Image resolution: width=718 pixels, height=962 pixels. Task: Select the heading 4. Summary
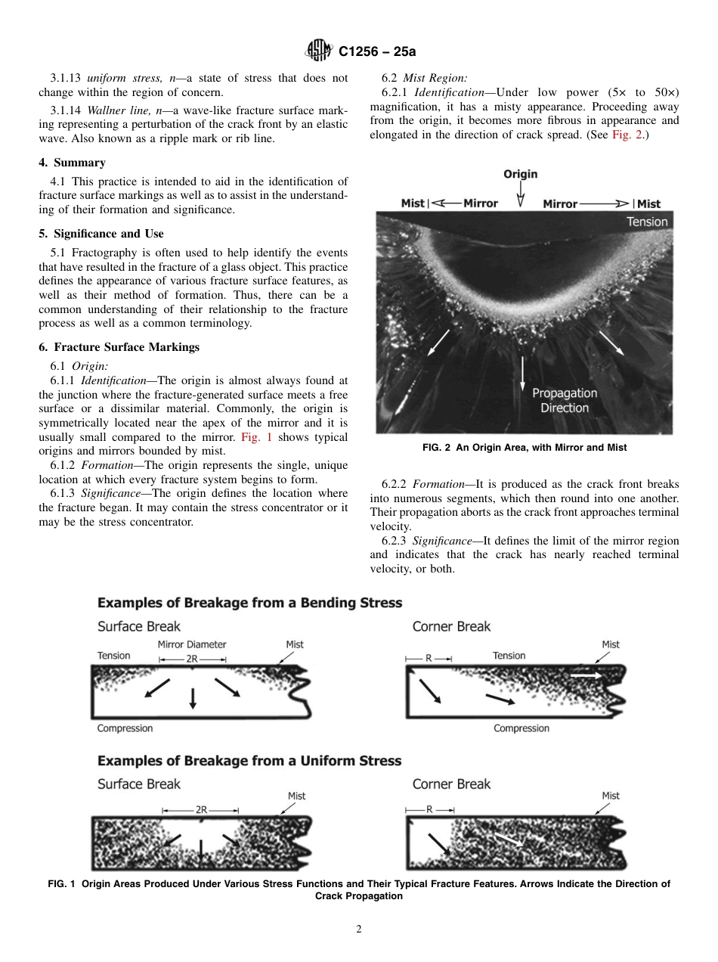pyautogui.click(x=72, y=163)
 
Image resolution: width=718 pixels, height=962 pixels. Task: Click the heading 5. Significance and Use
pyautogui.click(x=101, y=234)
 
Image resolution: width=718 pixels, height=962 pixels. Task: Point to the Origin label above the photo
pyautogui.click(x=520, y=174)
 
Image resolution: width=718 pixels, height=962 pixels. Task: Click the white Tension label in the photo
pyautogui.click(x=646, y=222)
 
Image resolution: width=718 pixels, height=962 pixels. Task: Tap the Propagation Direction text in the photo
pyautogui.click(x=564, y=400)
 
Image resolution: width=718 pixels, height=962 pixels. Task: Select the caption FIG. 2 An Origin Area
pyautogui.click(x=524, y=448)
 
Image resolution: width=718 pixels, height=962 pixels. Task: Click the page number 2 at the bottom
pyautogui.click(x=359, y=929)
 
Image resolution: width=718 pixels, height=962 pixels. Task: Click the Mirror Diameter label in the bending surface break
pyautogui.click(x=192, y=644)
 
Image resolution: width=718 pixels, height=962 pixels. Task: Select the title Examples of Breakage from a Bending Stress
pyautogui.click(x=249, y=603)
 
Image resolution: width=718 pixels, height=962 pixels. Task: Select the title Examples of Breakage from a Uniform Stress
pyautogui.click(x=249, y=760)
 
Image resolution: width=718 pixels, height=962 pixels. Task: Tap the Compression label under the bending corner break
pyautogui.click(x=521, y=728)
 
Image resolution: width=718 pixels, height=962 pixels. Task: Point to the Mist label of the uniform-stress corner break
pyautogui.click(x=610, y=796)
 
